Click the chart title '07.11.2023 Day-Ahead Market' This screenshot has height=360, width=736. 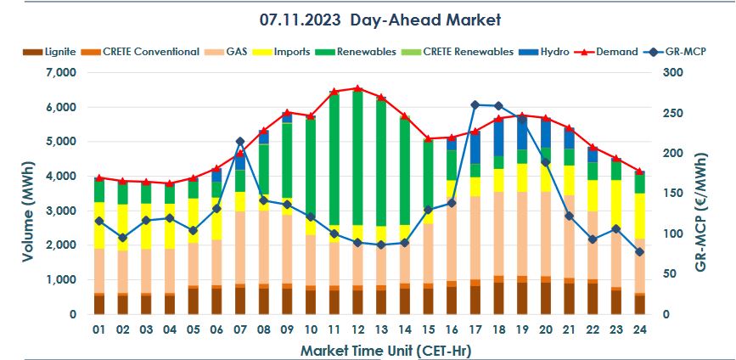pyautogui.click(x=379, y=19)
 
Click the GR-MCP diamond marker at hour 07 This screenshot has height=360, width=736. pyautogui.click(x=240, y=142)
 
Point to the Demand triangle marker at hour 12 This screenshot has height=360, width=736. pyautogui.click(x=357, y=88)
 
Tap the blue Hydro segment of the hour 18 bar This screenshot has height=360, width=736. pyautogui.click(x=498, y=138)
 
